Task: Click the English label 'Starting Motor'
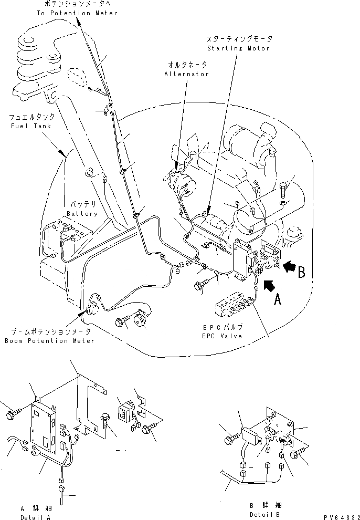tap(238, 48)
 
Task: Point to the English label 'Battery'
tap(82, 214)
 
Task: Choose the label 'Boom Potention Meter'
tap(50, 341)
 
